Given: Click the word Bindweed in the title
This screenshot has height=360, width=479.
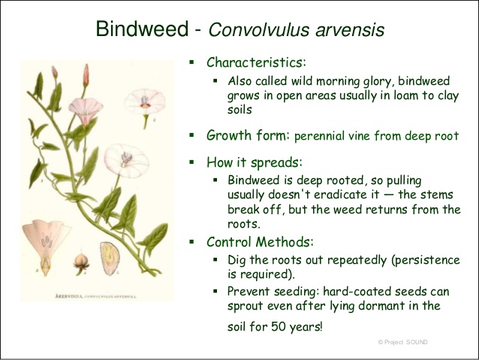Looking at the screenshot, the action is click(142, 29).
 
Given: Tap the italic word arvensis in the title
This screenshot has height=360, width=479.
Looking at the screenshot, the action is click(349, 29).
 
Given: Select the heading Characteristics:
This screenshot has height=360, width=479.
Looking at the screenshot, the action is click(256, 62).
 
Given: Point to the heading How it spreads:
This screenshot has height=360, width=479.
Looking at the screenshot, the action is click(255, 162).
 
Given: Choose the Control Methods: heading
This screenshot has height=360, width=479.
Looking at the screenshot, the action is click(260, 242).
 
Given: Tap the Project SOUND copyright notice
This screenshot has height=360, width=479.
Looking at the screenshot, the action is click(402, 342).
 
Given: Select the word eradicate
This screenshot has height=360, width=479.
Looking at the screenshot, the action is click(342, 195).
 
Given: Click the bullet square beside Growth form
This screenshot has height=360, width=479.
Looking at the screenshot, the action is click(192, 135).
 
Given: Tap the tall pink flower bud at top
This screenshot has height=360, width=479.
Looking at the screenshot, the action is click(86, 75).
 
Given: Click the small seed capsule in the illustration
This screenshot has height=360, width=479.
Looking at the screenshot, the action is click(81, 263).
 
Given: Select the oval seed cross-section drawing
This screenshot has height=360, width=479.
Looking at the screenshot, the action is click(110, 258).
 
